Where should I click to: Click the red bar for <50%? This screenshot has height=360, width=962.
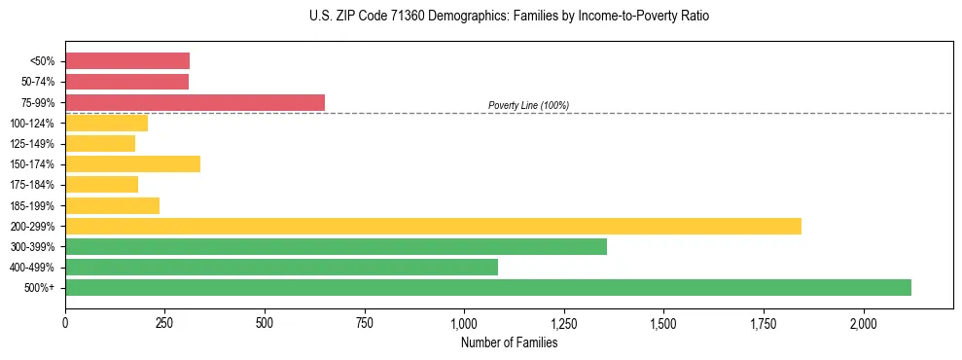(127, 60)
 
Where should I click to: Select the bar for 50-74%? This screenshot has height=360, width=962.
(126, 82)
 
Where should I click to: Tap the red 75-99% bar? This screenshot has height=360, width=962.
(195, 102)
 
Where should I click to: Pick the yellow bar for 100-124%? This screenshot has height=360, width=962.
(106, 123)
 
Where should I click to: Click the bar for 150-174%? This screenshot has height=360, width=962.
(132, 163)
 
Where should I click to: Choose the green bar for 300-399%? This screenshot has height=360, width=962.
(336, 246)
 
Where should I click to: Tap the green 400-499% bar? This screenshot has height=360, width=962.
(281, 267)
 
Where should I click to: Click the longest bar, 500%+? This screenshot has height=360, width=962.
(488, 287)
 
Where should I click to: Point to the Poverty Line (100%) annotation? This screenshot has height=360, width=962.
(528, 105)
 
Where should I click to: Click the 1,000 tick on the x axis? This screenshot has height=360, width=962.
(464, 322)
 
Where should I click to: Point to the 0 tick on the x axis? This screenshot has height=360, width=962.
(65, 322)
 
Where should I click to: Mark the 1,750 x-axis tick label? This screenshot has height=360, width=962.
(764, 322)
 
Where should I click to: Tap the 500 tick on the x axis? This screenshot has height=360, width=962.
(265, 322)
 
